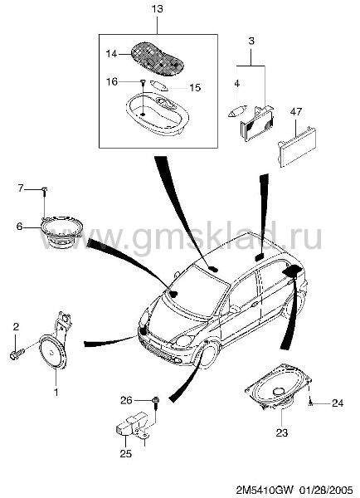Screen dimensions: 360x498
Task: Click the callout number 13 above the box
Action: coord(157,9)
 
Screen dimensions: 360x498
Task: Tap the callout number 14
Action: coord(111,54)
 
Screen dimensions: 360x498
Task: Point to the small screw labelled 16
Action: coord(143,83)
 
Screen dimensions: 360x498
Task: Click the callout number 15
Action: coord(195,87)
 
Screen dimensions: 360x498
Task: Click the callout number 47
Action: coord(295,112)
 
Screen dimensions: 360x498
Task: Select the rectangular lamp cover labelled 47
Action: coord(297,146)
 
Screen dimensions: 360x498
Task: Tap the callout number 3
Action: coord(251,41)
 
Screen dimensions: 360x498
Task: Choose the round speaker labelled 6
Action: coord(62,232)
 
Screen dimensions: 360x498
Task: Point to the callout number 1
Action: coord(56,393)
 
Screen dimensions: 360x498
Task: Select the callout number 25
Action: coord(126,453)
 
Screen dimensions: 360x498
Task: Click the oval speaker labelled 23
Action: coord(279,388)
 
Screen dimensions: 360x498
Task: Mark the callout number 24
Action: coord(338,403)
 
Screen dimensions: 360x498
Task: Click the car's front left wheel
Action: coord(208,354)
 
